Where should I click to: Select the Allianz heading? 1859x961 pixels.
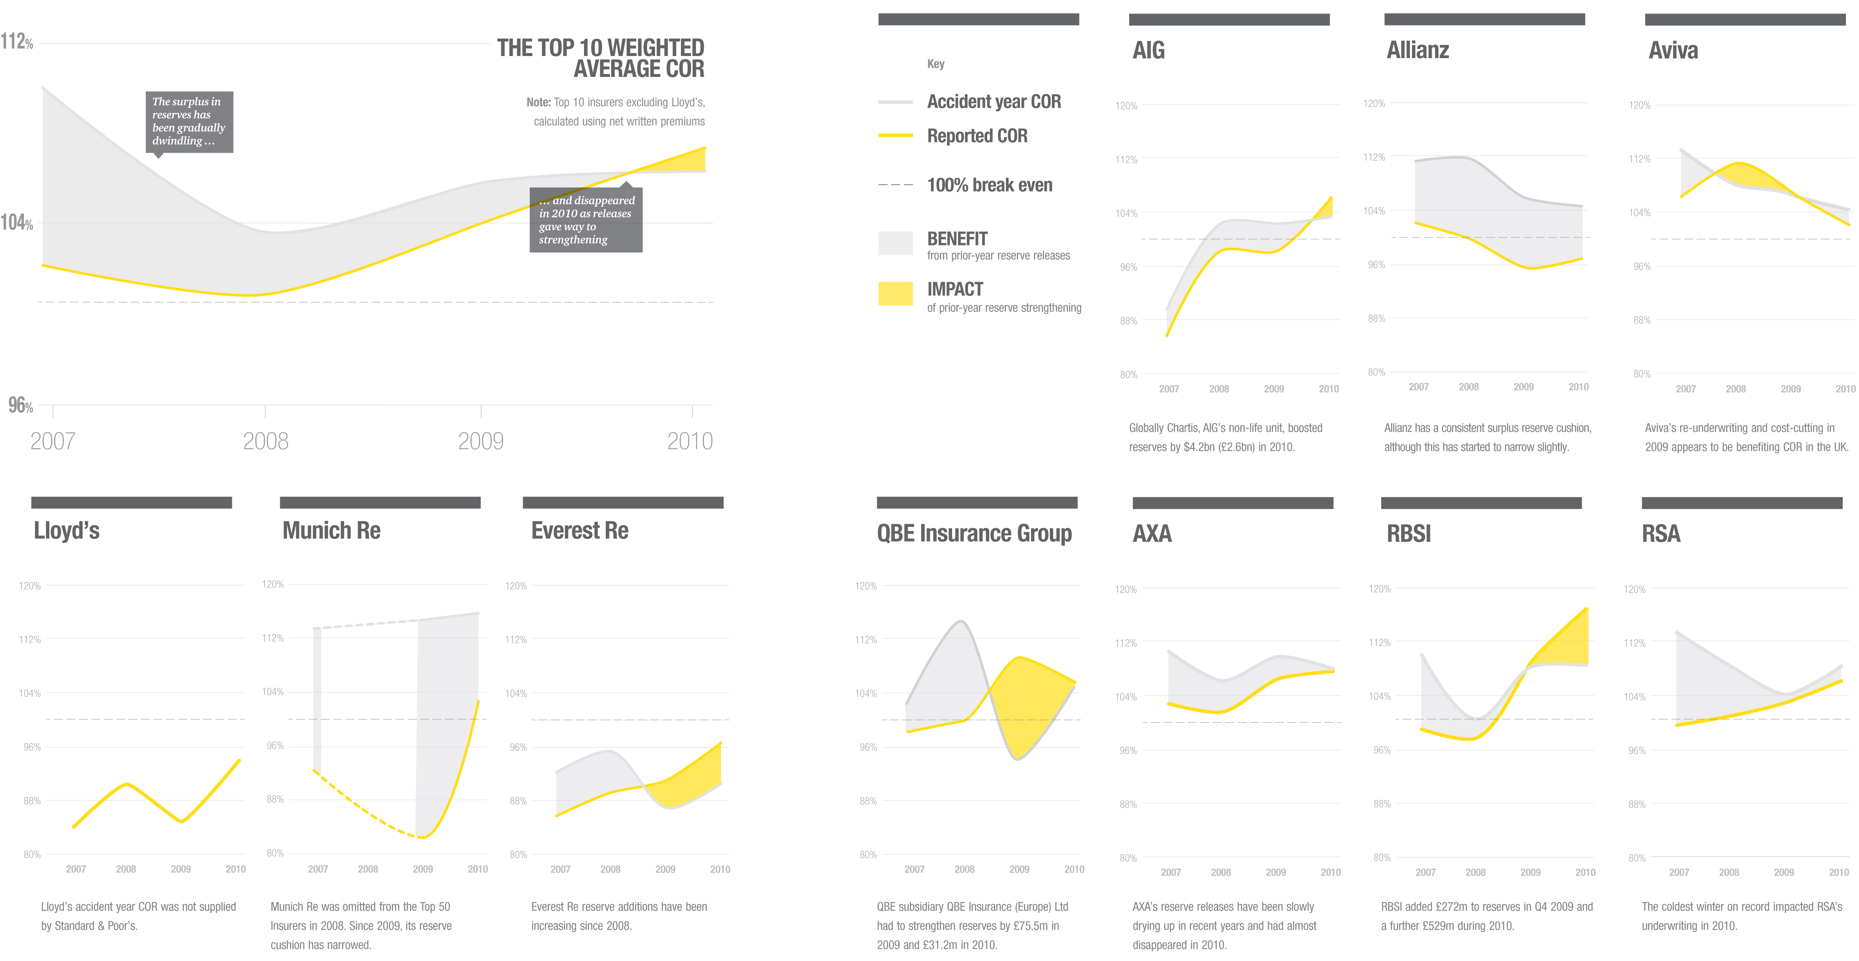[x=1417, y=51]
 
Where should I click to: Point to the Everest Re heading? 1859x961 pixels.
[x=579, y=531]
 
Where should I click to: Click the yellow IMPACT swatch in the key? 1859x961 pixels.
[x=895, y=293]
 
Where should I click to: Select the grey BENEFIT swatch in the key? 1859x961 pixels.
[x=895, y=242]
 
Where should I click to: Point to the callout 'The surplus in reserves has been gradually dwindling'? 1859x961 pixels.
[x=189, y=121]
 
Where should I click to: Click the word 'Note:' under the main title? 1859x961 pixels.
[x=538, y=102]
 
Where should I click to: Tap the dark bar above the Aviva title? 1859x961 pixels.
[x=1744, y=20]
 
